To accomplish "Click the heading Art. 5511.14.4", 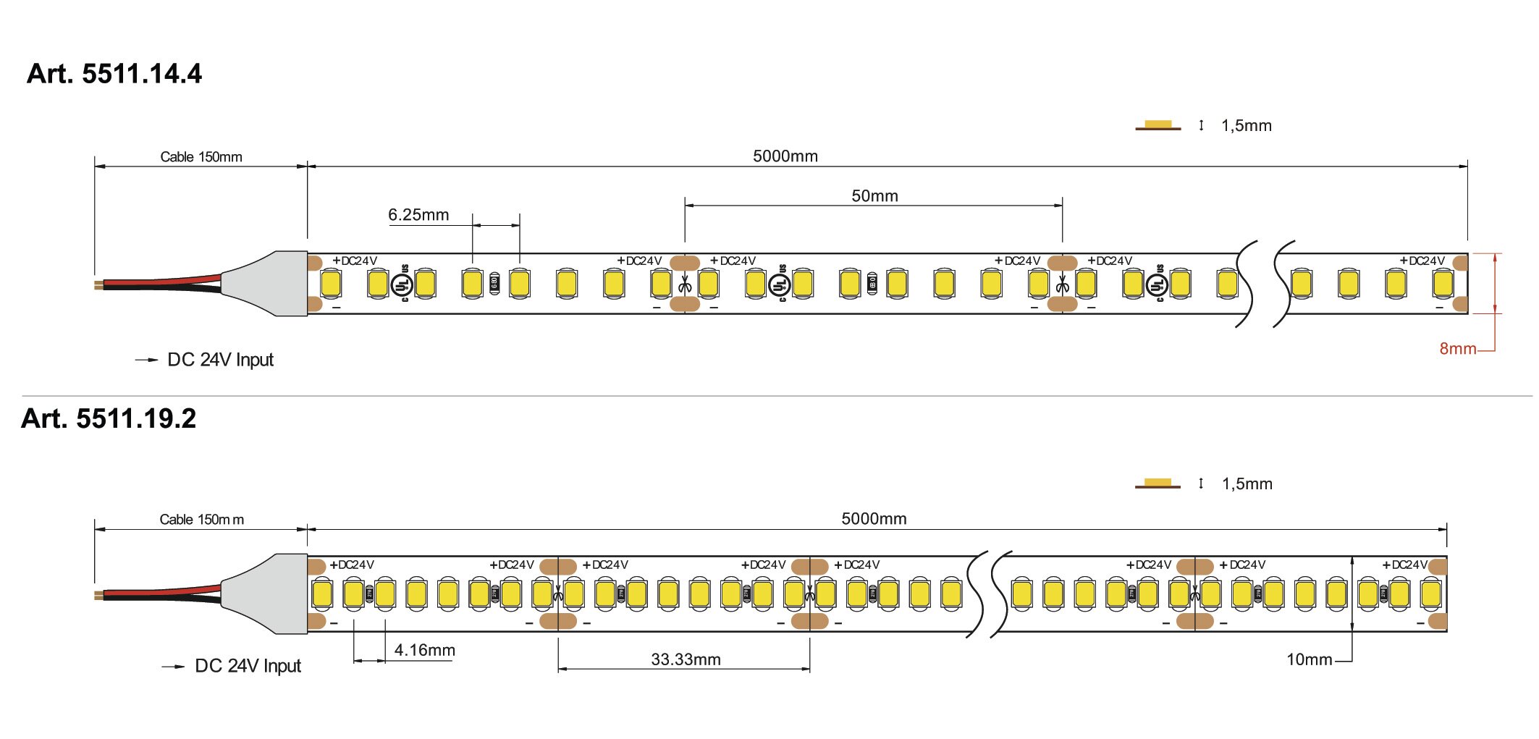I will click(114, 74).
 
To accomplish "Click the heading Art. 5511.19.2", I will click(109, 418).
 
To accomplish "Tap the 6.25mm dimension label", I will click(418, 215).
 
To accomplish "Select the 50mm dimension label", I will click(874, 196).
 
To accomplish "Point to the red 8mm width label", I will click(1457, 349).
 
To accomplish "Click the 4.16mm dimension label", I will click(424, 650).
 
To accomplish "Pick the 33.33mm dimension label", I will click(686, 659).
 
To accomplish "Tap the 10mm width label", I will click(1309, 659).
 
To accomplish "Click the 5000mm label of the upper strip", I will click(785, 156).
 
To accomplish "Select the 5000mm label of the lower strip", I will click(874, 519).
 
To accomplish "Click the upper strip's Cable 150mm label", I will click(201, 157).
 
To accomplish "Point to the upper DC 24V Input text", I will click(220, 360).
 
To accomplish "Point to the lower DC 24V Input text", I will click(248, 666).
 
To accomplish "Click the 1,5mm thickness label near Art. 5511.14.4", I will click(1246, 126).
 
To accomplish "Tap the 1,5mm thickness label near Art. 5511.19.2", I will click(1247, 484).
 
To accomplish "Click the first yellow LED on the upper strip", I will click(332, 283).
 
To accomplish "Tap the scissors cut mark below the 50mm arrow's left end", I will click(685, 287).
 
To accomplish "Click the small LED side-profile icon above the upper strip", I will click(1158, 126).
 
